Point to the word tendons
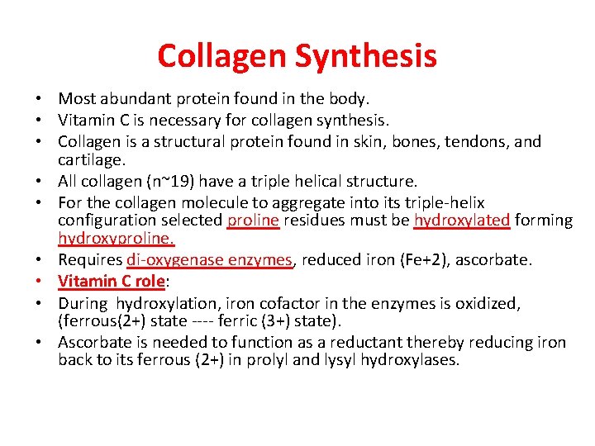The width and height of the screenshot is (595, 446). tap(476, 141)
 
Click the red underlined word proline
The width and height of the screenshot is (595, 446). tap(254, 221)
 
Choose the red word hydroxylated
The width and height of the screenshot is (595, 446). tap(461, 221)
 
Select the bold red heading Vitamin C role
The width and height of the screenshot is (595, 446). tap(112, 281)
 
